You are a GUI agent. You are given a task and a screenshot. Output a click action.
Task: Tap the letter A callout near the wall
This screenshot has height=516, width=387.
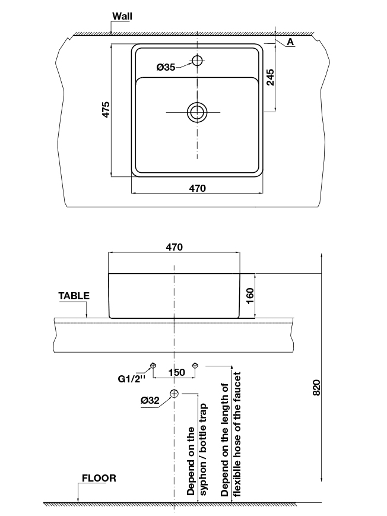pos(290,42)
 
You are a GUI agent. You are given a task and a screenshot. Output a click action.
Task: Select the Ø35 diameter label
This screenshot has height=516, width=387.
pos(166,68)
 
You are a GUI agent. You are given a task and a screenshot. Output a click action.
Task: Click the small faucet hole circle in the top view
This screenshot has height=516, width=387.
pos(197,60)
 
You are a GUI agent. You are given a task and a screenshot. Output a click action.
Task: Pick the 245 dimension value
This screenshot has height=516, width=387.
pos(270,78)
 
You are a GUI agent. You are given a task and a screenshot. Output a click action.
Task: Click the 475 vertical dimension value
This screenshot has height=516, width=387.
pos(106,110)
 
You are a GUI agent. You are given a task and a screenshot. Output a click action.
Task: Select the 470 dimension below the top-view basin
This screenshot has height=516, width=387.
pos(197,188)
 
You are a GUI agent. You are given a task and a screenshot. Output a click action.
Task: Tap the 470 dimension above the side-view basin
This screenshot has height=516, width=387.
pos(174,246)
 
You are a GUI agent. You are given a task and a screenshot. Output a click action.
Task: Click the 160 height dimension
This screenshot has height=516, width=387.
pos(249,295)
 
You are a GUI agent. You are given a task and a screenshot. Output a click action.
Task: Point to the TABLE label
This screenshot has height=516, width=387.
pos(74,295)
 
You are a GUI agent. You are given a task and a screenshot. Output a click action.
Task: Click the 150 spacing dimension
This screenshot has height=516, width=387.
pos(176,372)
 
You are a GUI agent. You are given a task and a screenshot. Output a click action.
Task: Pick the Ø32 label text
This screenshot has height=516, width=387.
pos(150,401)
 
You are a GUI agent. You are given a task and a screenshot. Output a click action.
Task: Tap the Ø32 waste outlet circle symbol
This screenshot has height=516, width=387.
pos(174,393)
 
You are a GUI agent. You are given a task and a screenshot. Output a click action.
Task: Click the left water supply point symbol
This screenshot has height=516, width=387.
pos(153,365)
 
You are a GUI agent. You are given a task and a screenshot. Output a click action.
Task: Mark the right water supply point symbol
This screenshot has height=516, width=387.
pos(195,365)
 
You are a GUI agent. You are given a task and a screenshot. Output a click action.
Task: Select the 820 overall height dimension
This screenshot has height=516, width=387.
pos(316,387)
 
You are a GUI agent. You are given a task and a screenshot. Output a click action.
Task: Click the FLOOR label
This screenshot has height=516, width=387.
pos(99,478)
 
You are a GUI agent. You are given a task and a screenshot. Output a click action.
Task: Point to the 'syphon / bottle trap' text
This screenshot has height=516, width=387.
pos(203,450)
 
